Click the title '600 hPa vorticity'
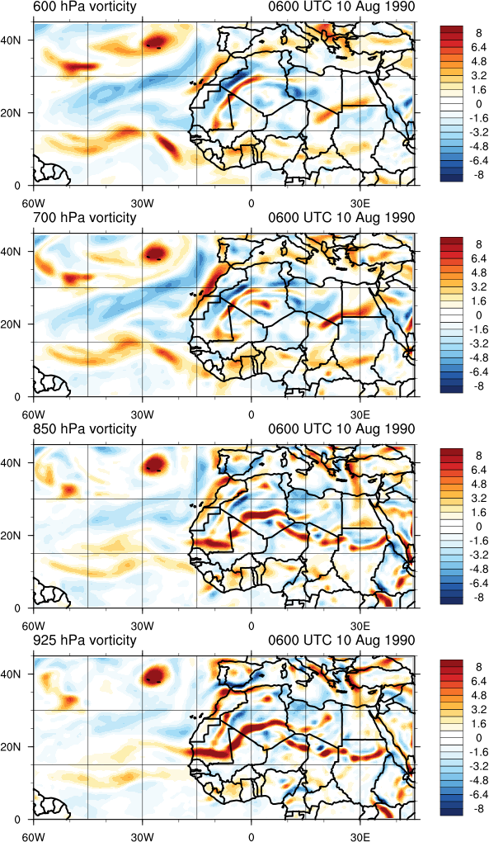(85, 7)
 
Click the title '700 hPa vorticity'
(85, 218)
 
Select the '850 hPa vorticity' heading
(85, 429)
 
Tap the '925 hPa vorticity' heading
(85, 640)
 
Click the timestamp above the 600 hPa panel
(341, 7)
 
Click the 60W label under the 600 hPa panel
(33, 204)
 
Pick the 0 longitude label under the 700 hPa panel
(251, 415)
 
